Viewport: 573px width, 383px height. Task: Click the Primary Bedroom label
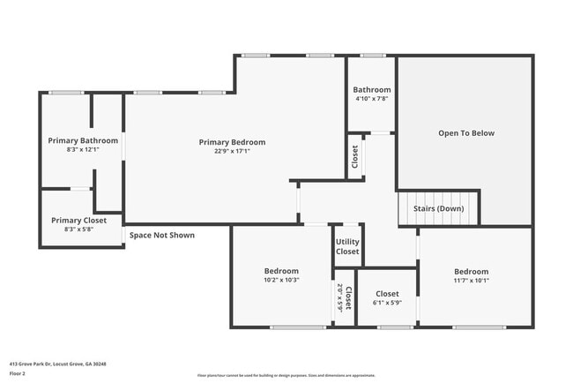point(232,142)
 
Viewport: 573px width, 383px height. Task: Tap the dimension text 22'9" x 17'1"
point(232,151)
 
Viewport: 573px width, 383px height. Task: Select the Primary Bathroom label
point(83,140)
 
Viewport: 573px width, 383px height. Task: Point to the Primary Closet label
point(78,221)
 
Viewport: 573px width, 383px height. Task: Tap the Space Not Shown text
point(162,236)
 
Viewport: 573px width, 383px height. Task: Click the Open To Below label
point(466,133)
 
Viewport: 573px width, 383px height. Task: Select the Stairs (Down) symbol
point(438,209)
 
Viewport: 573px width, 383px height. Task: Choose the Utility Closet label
point(347,246)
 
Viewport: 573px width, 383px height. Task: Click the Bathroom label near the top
point(372,90)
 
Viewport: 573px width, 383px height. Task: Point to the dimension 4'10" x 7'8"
point(372,99)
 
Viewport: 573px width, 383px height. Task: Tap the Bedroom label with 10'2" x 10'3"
point(281,271)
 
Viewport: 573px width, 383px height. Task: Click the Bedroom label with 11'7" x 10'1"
point(472,272)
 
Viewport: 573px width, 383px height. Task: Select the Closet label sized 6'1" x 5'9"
point(387,294)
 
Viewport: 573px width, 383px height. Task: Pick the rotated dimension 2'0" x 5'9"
point(339,298)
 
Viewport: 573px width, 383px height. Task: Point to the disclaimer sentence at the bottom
point(286,374)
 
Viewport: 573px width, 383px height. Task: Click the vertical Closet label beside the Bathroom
point(355,156)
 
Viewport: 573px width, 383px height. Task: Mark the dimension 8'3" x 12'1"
point(83,150)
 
